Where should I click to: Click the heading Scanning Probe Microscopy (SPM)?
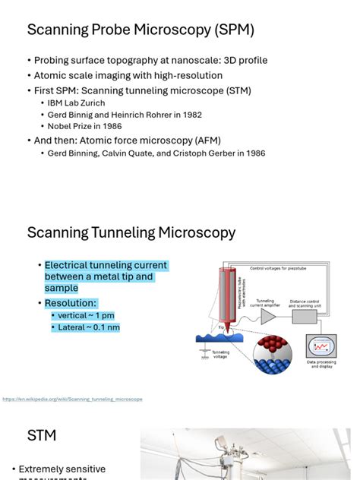(141, 30)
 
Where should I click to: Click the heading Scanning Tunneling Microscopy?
(131, 232)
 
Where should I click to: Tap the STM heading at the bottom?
(42, 436)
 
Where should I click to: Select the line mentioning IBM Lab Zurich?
(76, 103)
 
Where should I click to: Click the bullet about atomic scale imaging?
(128, 75)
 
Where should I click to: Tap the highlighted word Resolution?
(71, 303)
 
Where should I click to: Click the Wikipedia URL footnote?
(72, 399)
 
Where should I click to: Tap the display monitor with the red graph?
(321, 346)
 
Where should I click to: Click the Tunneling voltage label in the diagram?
(221, 354)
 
